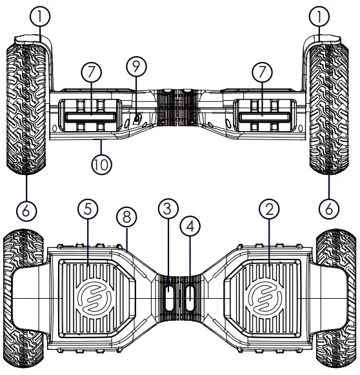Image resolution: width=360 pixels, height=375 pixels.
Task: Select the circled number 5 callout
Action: click(x=88, y=210)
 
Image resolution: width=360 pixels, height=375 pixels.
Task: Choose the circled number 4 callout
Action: click(x=191, y=226)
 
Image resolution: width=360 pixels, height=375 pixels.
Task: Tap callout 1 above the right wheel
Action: click(x=320, y=15)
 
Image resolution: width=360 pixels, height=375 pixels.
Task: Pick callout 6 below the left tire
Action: click(x=26, y=209)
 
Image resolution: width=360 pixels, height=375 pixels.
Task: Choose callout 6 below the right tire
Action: click(x=330, y=209)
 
